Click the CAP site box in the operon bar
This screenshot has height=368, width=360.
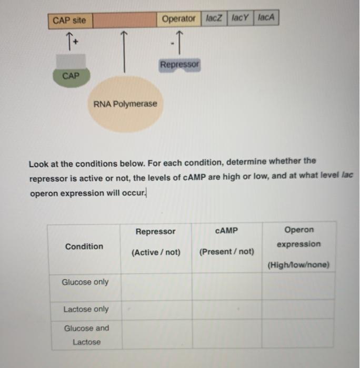pyautogui.click(x=69, y=21)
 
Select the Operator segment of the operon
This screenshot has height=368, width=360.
pyautogui.click(x=178, y=19)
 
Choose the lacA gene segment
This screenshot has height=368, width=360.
pyautogui.click(x=266, y=18)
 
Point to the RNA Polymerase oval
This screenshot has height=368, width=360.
pyautogui.click(x=125, y=104)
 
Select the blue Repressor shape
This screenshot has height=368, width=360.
pyautogui.click(x=180, y=65)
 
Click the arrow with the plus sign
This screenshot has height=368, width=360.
pyautogui.click(x=69, y=39)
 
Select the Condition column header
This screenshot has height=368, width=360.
pyautogui.click(x=84, y=246)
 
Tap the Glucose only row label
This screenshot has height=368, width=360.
pyautogui.click(x=85, y=282)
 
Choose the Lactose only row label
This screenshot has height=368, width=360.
pyautogui.click(x=86, y=309)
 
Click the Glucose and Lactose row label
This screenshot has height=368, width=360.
pyautogui.click(x=86, y=335)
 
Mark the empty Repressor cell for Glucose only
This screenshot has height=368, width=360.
pyautogui.click(x=156, y=287)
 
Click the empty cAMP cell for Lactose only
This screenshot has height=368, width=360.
pyautogui.click(x=226, y=309)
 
